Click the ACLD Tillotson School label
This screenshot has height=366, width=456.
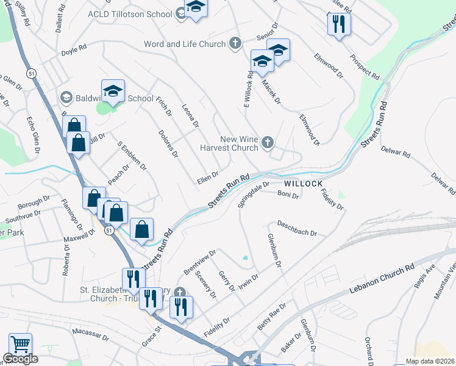coord(130,13)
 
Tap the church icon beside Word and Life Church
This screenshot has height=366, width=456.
coord(235,43)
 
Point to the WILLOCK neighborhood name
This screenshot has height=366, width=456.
coord(302,183)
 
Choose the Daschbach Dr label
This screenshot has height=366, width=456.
coord(297,229)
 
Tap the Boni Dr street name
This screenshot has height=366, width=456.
coord(288,196)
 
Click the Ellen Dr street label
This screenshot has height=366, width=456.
coord(208,179)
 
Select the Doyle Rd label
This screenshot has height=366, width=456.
coord(74,49)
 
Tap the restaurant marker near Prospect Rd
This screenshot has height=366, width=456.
coord(337,24)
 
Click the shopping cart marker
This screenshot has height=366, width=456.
coord(20,345)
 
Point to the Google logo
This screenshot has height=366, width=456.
coord(20,359)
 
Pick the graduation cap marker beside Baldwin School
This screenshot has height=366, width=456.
coord(113,91)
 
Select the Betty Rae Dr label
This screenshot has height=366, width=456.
coord(272,317)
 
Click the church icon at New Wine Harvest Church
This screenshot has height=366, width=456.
coord(267,143)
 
